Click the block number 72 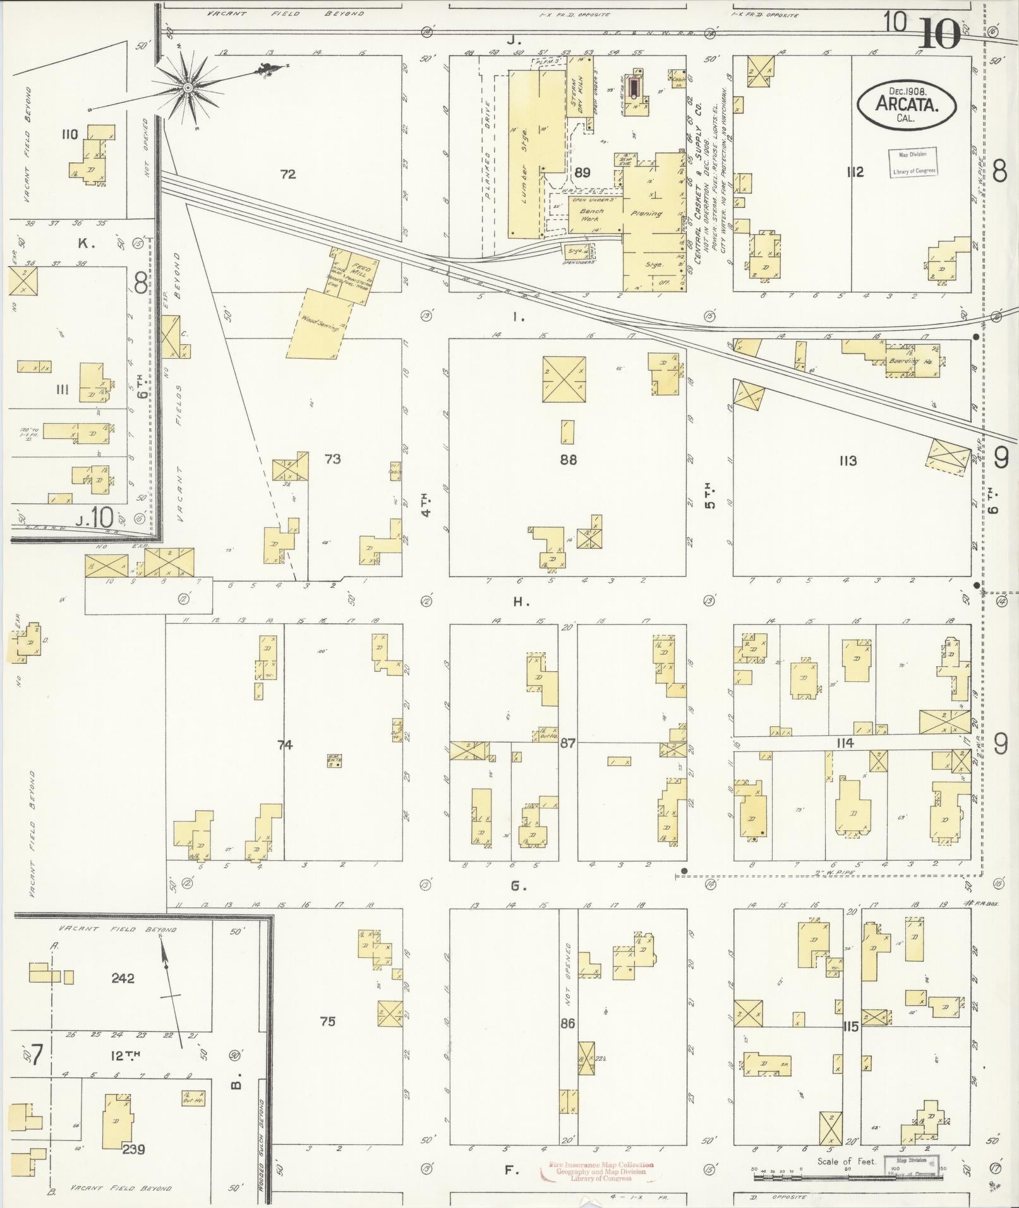point(288,174)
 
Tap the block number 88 point(568,460)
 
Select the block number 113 point(847,461)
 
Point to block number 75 point(327,1021)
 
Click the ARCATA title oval point(907,105)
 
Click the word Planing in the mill point(646,213)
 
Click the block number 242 point(123,978)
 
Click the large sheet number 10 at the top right point(939,35)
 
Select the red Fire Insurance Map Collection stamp point(597,1171)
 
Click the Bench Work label point(591,215)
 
